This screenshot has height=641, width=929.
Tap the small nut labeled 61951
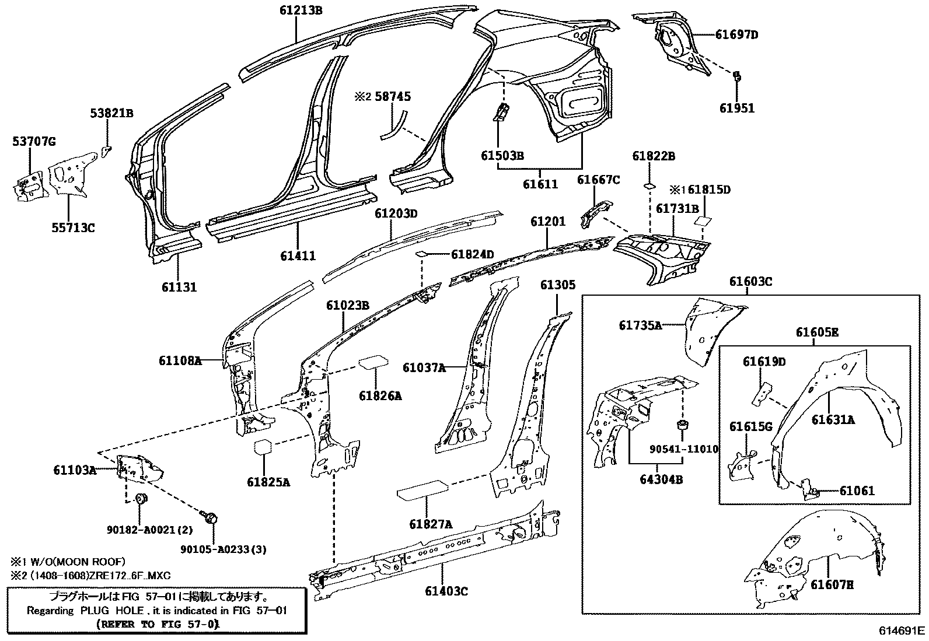click(x=736, y=76)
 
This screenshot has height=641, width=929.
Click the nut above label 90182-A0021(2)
click(x=140, y=499)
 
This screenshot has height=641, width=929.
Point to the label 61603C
click(x=750, y=282)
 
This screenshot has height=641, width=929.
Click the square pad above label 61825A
click(x=264, y=447)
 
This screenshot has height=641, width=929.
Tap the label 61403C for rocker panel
click(x=446, y=591)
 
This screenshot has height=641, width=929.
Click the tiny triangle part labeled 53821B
click(x=106, y=152)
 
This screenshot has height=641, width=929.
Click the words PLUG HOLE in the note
click(x=102, y=610)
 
